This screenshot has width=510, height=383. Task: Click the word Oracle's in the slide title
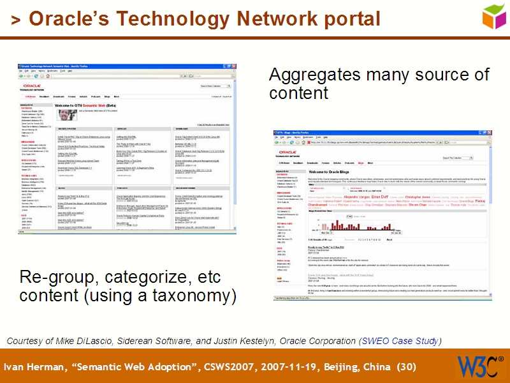pos(70,19)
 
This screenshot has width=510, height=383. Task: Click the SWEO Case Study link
pos(399,341)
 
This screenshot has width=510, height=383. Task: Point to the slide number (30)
pos(406,367)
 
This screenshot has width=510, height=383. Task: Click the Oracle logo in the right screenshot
pos(286,154)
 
